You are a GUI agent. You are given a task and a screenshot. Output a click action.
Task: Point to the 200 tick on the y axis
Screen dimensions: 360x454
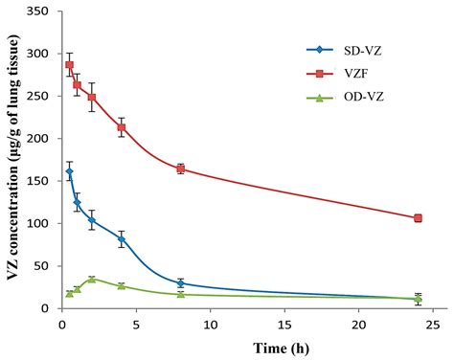pos(38,139)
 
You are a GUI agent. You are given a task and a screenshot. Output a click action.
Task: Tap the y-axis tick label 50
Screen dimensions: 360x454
pos(42,266)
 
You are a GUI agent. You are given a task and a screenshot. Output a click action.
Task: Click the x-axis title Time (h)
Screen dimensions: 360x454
pos(246,347)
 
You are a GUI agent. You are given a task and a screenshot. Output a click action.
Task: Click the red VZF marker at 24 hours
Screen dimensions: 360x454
pos(418,218)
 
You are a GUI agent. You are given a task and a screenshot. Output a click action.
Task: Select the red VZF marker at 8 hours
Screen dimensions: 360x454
pos(180,169)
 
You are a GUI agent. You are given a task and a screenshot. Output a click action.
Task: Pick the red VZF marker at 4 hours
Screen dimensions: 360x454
pos(121,127)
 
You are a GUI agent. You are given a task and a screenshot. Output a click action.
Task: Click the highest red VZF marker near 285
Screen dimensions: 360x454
pos(69,65)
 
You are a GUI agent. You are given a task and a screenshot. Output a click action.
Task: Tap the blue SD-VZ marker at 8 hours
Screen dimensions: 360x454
pos(180,283)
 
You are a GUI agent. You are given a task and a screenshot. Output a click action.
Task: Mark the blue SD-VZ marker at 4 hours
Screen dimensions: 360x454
pos(121,239)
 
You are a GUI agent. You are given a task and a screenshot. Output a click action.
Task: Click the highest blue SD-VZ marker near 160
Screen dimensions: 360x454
pos(69,171)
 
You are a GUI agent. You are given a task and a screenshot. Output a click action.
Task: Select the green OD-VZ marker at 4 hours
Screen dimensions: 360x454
pos(121,285)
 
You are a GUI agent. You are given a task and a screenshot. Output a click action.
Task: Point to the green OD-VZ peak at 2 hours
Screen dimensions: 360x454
pos(91,279)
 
